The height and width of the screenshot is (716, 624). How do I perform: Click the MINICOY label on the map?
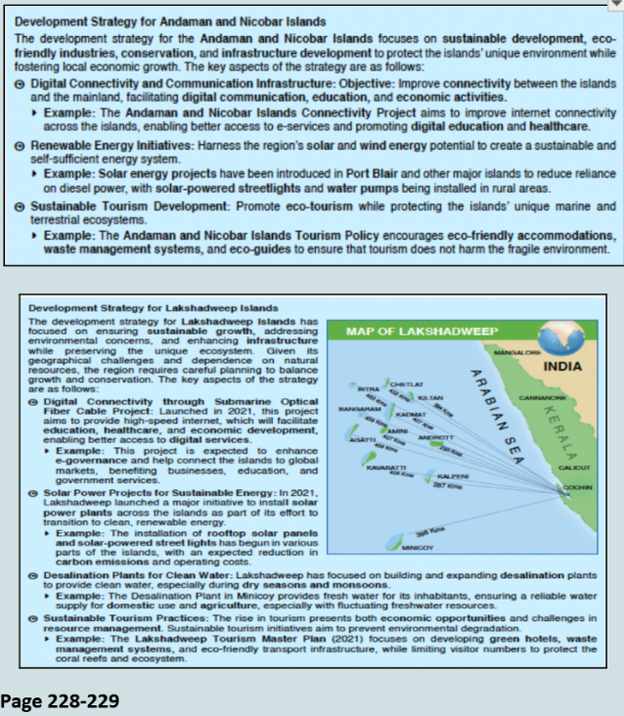click(418, 549)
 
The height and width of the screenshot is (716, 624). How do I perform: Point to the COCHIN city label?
click(576, 485)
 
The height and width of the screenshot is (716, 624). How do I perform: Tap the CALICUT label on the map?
click(573, 469)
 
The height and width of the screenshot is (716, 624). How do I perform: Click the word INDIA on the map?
click(560, 368)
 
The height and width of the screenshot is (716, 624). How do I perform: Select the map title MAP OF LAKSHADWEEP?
click(412, 333)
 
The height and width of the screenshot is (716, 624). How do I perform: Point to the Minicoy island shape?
click(393, 542)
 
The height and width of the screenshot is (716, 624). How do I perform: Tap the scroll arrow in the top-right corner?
click(615, 5)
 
